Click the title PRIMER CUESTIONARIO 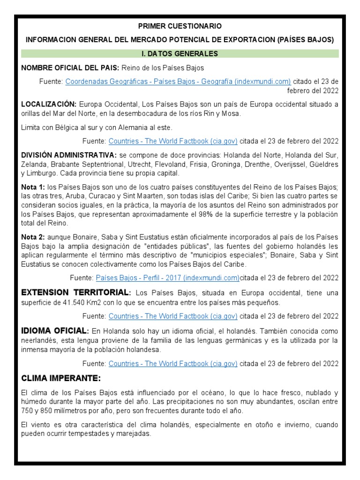pos(180,26)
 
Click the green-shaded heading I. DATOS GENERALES pos(180,54)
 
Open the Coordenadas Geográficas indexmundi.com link pos(178,82)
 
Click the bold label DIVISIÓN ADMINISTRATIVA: pos(69,155)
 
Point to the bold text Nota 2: pos(33,238)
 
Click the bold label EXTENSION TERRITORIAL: pos(75,293)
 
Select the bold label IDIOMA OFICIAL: pos(54,331)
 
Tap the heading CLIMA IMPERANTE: pos(61,378)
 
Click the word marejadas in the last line pos(135,434)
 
